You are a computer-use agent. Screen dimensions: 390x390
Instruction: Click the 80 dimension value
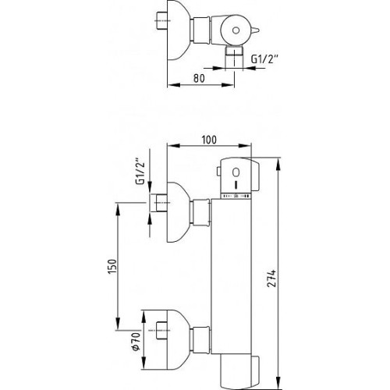pos(199,78)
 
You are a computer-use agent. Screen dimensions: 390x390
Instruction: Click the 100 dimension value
pos(209,140)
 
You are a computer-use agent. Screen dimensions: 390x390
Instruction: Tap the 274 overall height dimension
pos(271,278)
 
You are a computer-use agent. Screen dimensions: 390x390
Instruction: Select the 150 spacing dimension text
pos(112,267)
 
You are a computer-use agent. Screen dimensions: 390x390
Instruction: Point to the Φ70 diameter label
pos(136,342)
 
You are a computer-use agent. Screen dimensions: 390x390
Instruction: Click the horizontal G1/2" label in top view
pos(264,59)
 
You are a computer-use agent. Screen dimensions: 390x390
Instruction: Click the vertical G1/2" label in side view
pos(140,171)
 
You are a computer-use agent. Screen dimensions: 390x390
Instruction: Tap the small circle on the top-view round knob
pos(236,30)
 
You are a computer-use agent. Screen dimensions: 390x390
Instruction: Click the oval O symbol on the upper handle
pos(236,172)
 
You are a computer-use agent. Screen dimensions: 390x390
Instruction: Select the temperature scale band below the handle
pos(236,196)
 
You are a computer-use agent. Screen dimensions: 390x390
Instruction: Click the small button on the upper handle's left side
pos(218,172)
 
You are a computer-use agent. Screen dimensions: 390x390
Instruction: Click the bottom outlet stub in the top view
pos(234,58)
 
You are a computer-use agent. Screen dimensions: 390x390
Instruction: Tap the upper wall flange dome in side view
pos(178,212)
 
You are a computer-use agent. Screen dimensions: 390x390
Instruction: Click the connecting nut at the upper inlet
pos(200,212)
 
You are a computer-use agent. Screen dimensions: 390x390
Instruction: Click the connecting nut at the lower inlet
pos(200,339)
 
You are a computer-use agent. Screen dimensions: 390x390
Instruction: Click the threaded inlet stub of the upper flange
pos(159,203)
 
